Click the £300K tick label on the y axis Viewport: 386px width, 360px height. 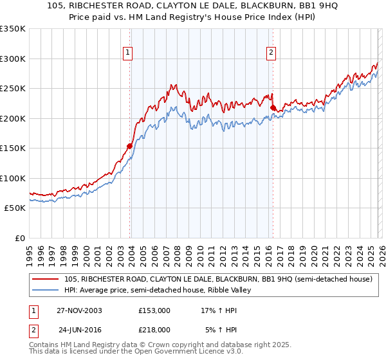pyautogui.click(x=13, y=59)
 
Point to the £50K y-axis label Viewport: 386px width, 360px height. pyautogui.click(x=15, y=208)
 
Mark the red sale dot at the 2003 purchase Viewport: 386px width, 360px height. pyautogui.click(x=129, y=146)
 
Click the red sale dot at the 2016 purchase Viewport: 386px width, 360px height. pyautogui.click(x=273, y=107)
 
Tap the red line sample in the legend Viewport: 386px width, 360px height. pyautogui.click(x=45, y=280)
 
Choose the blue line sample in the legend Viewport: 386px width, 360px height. pyautogui.click(x=45, y=291)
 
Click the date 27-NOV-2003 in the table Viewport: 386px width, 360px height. pyautogui.click(x=79, y=310)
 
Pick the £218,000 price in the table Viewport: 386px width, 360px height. pyautogui.click(x=154, y=329)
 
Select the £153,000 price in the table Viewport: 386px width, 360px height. pyautogui.click(x=154, y=310)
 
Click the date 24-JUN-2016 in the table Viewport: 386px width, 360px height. pyautogui.click(x=79, y=329)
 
